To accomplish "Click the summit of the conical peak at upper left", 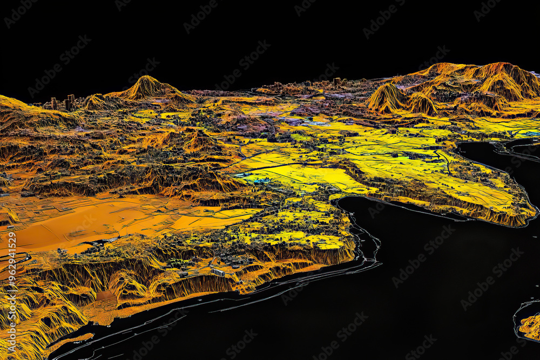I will (147, 78).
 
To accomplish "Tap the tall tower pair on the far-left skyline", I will (70, 101).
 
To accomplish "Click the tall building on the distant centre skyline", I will (337, 81).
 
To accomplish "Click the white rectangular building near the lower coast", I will (218, 271).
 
